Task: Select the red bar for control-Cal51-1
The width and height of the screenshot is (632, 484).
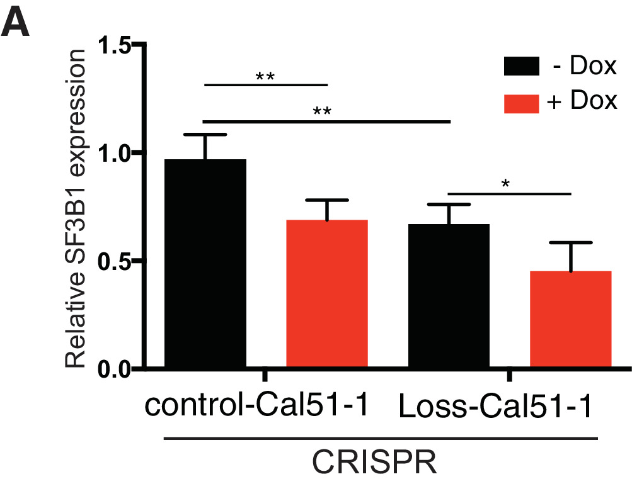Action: [326, 293]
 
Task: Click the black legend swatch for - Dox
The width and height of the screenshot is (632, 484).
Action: [521, 66]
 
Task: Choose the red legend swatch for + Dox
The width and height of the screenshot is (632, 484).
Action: [521, 101]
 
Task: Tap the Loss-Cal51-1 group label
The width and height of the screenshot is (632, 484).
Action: [496, 409]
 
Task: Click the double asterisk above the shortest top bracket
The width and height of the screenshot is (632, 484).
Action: [265, 78]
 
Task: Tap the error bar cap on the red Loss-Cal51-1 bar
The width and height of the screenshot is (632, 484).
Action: [570, 242]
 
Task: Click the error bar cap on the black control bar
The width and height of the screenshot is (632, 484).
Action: [205, 135]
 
